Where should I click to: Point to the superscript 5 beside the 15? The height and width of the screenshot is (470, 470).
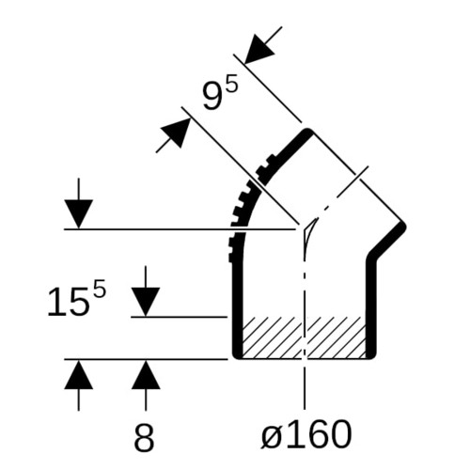[x=100, y=292]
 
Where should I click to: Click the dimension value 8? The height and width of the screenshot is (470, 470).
[x=144, y=436]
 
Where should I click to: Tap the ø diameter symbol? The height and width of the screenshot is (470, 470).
[x=272, y=436]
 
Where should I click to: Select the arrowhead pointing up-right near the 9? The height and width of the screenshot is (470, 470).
[x=176, y=133]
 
